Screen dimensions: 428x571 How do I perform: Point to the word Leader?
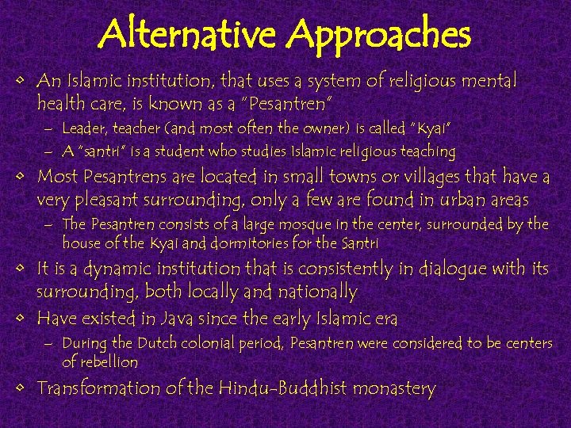pos(84,128)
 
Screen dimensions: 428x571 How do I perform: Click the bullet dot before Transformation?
pos(25,389)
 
